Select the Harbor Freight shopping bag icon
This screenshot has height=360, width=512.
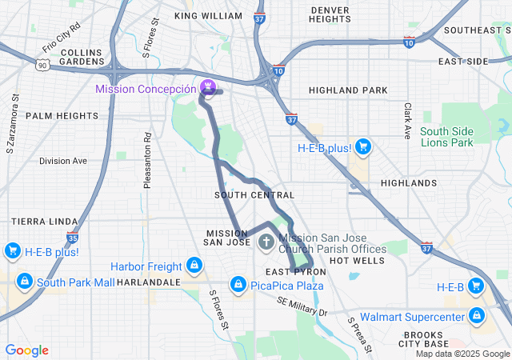coord(193,265)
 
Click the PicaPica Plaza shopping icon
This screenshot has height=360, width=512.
coord(238,284)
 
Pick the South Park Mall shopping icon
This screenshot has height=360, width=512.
coord(25,282)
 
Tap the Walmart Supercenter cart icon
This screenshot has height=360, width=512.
coord(478,316)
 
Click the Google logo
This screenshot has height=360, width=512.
coord(26,350)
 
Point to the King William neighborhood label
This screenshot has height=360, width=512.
coord(208,16)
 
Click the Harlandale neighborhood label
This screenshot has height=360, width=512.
coord(148,282)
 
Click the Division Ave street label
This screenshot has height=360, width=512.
coord(63,161)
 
